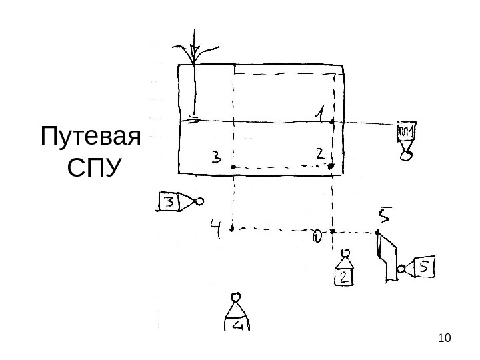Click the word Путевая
point(91,139)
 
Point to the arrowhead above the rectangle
point(195,53)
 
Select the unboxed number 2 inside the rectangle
point(321,155)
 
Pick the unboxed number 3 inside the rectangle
point(217,158)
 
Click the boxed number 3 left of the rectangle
point(170,202)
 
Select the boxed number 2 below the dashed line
point(343,277)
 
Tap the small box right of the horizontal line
point(405,131)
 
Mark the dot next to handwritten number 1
point(332,122)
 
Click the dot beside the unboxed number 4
point(232,229)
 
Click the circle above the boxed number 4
point(235,297)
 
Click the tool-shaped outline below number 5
point(387,257)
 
